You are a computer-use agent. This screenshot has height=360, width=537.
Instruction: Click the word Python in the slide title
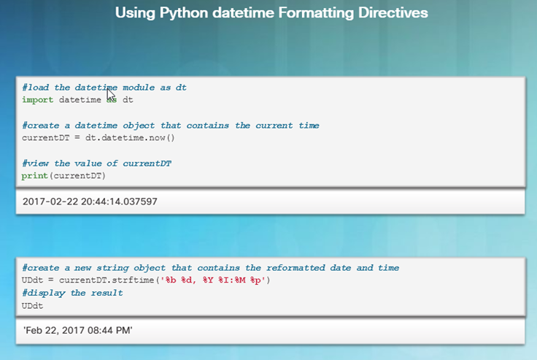coord(184,13)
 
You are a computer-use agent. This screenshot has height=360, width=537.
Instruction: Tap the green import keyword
coord(38,100)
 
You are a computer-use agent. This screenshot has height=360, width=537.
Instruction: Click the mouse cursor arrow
coord(111,94)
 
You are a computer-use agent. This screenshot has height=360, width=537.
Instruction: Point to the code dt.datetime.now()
coord(130,138)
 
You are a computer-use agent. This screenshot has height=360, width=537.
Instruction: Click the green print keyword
coord(34,175)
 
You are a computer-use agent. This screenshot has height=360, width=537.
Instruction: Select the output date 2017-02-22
coord(50,202)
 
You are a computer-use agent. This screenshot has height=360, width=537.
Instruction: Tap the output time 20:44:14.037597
coord(119,202)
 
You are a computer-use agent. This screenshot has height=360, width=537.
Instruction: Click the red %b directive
coord(171,280)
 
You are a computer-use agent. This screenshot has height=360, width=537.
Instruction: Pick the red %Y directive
coord(208,280)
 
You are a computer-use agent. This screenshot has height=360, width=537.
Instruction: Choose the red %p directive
coord(255,280)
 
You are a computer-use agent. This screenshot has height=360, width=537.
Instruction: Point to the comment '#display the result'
coord(72,293)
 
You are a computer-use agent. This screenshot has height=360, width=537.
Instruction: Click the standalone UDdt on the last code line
coord(33,306)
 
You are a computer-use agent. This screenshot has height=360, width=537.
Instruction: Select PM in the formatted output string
coord(123,331)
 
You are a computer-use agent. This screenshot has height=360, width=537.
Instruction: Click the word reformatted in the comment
coord(295,268)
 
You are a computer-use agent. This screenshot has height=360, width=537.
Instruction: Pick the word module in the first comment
coord(139,88)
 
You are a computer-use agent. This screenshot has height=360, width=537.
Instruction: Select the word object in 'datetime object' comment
coord(139,126)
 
